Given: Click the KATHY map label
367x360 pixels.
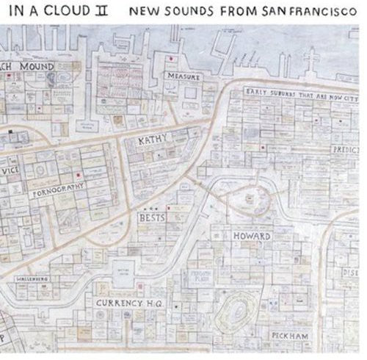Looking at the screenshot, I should [x=153, y=139].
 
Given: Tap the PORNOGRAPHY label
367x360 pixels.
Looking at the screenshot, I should [x=61, y=192].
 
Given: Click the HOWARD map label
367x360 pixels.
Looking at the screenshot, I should [x=252, y=237].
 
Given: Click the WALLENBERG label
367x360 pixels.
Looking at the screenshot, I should [x=32, y=280].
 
